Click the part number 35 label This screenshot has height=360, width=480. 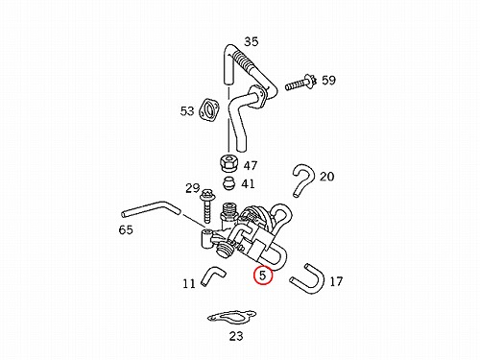(252, 41)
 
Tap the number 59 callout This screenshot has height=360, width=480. (328, 80)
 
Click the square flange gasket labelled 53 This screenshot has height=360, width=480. (209, 110)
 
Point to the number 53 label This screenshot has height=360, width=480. (187, 111)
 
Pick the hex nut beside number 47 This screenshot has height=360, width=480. (228, 162)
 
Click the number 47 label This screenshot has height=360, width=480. (251, 165)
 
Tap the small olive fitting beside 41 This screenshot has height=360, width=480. (229, 182)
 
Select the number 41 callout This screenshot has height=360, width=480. (248, 184)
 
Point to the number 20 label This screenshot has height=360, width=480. (326, 177)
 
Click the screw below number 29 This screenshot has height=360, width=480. (206, 206)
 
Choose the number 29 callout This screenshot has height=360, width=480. (193, 188)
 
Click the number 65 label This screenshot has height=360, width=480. (126, 229)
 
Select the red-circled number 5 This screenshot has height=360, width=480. (263, 276)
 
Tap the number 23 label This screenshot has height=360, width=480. (236, 336)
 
